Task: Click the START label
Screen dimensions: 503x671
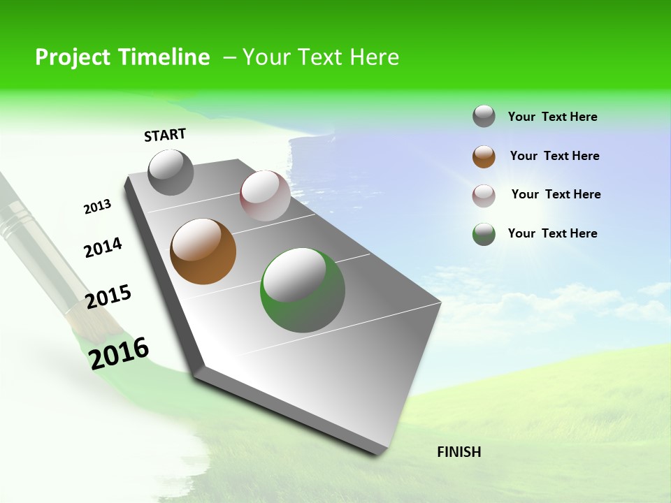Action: click(x=165, y=135)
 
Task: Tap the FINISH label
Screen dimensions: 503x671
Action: click(x=459, y=452)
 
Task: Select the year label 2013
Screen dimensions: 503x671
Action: click(x=97, y=207)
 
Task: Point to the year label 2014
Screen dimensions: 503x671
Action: click(x=103, y=247)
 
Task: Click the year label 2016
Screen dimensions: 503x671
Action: click(x=119, y=353)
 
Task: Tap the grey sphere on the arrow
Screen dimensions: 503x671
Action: click(x=171, y=173)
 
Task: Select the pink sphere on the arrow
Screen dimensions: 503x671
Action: click(x=265, y=196)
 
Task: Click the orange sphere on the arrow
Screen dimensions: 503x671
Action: click(x=203, y=251)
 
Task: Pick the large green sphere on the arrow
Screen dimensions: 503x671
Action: click(x=303, y=290)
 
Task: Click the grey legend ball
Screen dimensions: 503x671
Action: click(x=484, y=117)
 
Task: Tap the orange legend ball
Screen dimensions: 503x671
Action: click(x=484, y=156)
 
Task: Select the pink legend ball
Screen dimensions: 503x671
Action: click(x=484, y=196)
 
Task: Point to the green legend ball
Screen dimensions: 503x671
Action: click(x=484, y=234)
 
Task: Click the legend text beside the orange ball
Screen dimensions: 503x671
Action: click(x=554, y=156)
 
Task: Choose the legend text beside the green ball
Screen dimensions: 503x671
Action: click(x=552, y=233)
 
